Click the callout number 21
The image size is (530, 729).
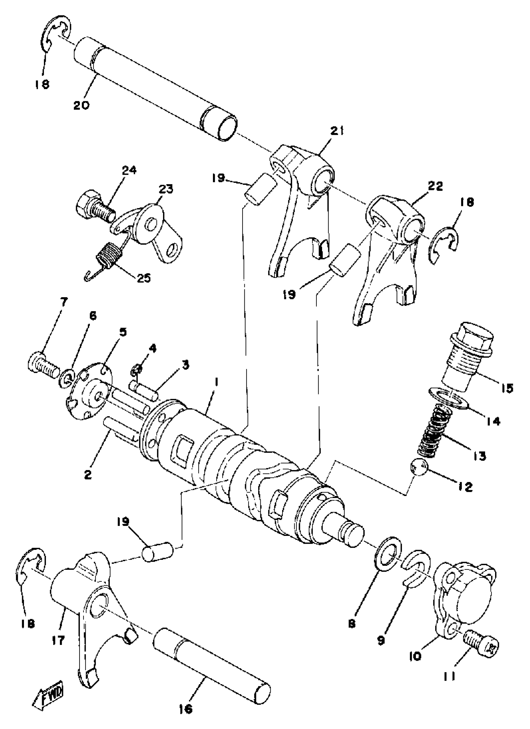(336, 131)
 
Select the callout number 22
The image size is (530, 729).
(436, 186)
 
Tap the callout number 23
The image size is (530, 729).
(165, 189)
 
